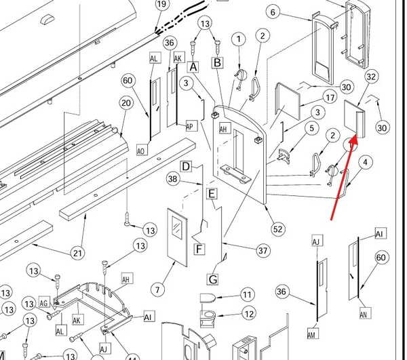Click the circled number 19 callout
[x=161, y=5]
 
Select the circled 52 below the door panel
[x=277, y=229]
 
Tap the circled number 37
[x=263, y=251]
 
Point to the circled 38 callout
[x=173, y=179]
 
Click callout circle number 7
[x=157, y=289]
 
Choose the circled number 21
[x=78, y=253]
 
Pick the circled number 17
[x=330, y=98]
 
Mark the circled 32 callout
[x=372, y=77]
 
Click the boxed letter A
[x=193, y=67]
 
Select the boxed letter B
[x=218, y=62]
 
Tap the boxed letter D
[x=186, y=166]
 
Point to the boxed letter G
[x=212, y=279]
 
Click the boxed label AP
[x=192, y=126]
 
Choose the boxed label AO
[x=142, y=150]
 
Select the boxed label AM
[x=313, y=334]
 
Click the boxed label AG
[x=44, y=302]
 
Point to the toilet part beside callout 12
[x=208, y=317]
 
